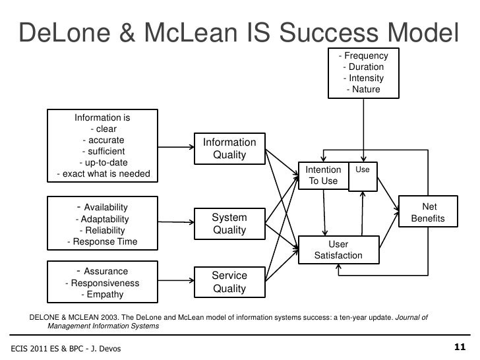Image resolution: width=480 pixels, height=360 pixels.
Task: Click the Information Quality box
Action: point(229,149)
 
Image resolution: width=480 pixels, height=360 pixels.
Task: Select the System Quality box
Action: point(229,224)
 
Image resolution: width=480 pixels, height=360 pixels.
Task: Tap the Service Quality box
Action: point(229,282)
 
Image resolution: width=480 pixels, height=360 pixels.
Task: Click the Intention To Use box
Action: point(323,175)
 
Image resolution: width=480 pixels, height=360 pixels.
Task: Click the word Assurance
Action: point(106,271)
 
